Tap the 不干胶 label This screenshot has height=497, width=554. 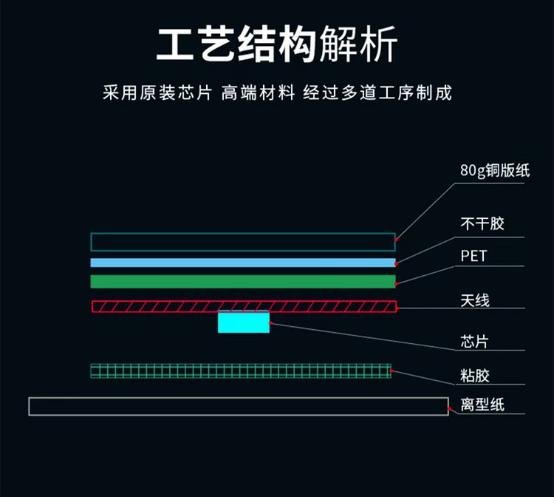482,223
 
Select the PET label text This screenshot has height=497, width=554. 474,257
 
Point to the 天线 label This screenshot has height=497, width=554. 475,300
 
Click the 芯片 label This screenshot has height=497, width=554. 474,342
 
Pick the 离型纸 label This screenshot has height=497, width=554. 482,405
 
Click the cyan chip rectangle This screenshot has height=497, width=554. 244,322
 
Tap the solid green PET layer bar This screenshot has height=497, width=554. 243,281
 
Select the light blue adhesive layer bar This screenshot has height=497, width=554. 243,263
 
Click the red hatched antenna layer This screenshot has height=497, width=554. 244,306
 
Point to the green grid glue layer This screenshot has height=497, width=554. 241,371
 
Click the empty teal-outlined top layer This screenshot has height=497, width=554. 243,242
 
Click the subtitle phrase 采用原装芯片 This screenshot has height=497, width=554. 157,94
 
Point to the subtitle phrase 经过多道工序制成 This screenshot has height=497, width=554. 377,94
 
